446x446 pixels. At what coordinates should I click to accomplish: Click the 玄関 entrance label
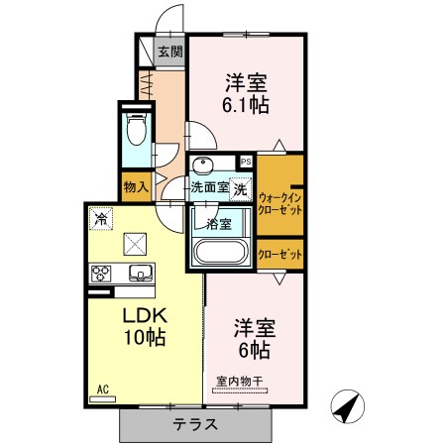(169, 52)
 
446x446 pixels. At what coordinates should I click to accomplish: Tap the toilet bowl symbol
(137, 129)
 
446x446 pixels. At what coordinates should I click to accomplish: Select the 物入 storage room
(136, 187)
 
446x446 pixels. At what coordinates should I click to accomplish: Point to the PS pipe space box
(246, 162)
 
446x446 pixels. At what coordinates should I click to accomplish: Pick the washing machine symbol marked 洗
(241, 189)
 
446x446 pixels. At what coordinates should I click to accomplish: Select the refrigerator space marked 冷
(101, 218)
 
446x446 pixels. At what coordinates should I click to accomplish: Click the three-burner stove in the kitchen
(101, 274)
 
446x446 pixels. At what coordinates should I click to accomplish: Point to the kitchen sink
(141, 273)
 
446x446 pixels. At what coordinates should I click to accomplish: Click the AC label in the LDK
(103, 390)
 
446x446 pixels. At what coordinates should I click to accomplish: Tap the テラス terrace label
(195, 424)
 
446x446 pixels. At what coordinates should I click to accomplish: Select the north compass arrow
(347, 406)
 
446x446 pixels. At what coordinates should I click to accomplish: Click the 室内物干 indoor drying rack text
(240, 382)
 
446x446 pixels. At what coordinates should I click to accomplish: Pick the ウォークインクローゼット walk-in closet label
(279, 204)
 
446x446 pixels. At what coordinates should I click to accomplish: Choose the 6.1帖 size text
(245, 105)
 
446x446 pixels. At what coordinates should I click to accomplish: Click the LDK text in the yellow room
(146, 316)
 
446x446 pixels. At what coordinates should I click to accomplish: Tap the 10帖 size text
(145, 337)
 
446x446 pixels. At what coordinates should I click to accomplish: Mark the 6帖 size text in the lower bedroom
(255, 351)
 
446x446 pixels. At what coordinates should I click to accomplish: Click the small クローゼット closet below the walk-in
(279, 255)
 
